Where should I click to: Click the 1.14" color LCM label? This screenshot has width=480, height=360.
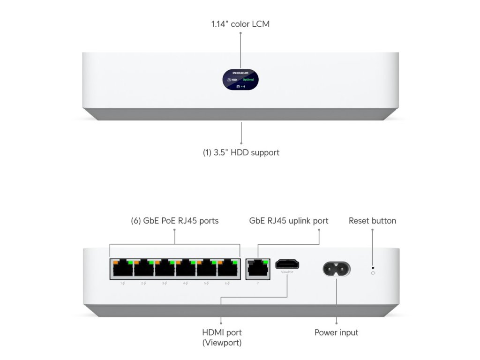coord(240,23)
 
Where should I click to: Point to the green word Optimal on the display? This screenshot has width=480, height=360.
coord(248,80)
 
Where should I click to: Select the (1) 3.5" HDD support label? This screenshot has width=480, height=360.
coord(241,152)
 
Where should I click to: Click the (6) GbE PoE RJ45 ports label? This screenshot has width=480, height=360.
coord(175,221)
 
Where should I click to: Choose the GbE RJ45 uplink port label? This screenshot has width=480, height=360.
coord(289,221)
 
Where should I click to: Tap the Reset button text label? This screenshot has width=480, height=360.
coord(372,221)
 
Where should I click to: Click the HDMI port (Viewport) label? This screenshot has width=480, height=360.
coord(222,337)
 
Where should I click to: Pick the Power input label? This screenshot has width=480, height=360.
coord(336,333)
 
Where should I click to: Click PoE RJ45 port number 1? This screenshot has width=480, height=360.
coord(121,269)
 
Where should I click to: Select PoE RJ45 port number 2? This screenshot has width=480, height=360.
coord(143,269)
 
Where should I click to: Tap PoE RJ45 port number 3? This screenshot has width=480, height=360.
coord(164,269)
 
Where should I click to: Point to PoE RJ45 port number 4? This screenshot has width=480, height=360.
coord(186,269)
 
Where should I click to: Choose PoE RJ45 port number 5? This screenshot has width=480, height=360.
coord(207,269)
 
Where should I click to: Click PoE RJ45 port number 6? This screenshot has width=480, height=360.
coord(228,269)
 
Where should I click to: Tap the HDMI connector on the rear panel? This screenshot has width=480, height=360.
coord(284,264)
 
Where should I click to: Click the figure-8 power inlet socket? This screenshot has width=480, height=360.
coord(336,269)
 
